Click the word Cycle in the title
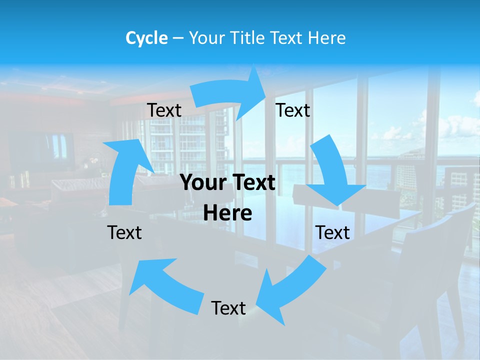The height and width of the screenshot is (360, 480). click(x=146, y=38)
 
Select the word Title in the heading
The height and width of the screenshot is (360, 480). click(x=248, y=38)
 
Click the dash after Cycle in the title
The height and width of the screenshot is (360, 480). click(x=178, y=38)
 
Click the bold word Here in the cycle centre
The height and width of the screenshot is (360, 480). click(x=227, y=213)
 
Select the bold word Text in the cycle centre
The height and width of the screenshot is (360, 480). click(x=252, y=183)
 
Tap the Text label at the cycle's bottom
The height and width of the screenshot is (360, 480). click(x=228, y=308)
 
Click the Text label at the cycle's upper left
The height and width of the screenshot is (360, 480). click(x=164, y=110)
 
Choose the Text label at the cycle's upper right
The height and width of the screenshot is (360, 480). click(x=293, y=110)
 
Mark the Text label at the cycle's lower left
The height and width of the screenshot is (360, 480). click(x=124, y=232)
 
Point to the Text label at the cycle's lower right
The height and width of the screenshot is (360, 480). click(x=332, y=232)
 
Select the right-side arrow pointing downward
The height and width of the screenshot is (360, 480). click(x=332, y=175)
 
